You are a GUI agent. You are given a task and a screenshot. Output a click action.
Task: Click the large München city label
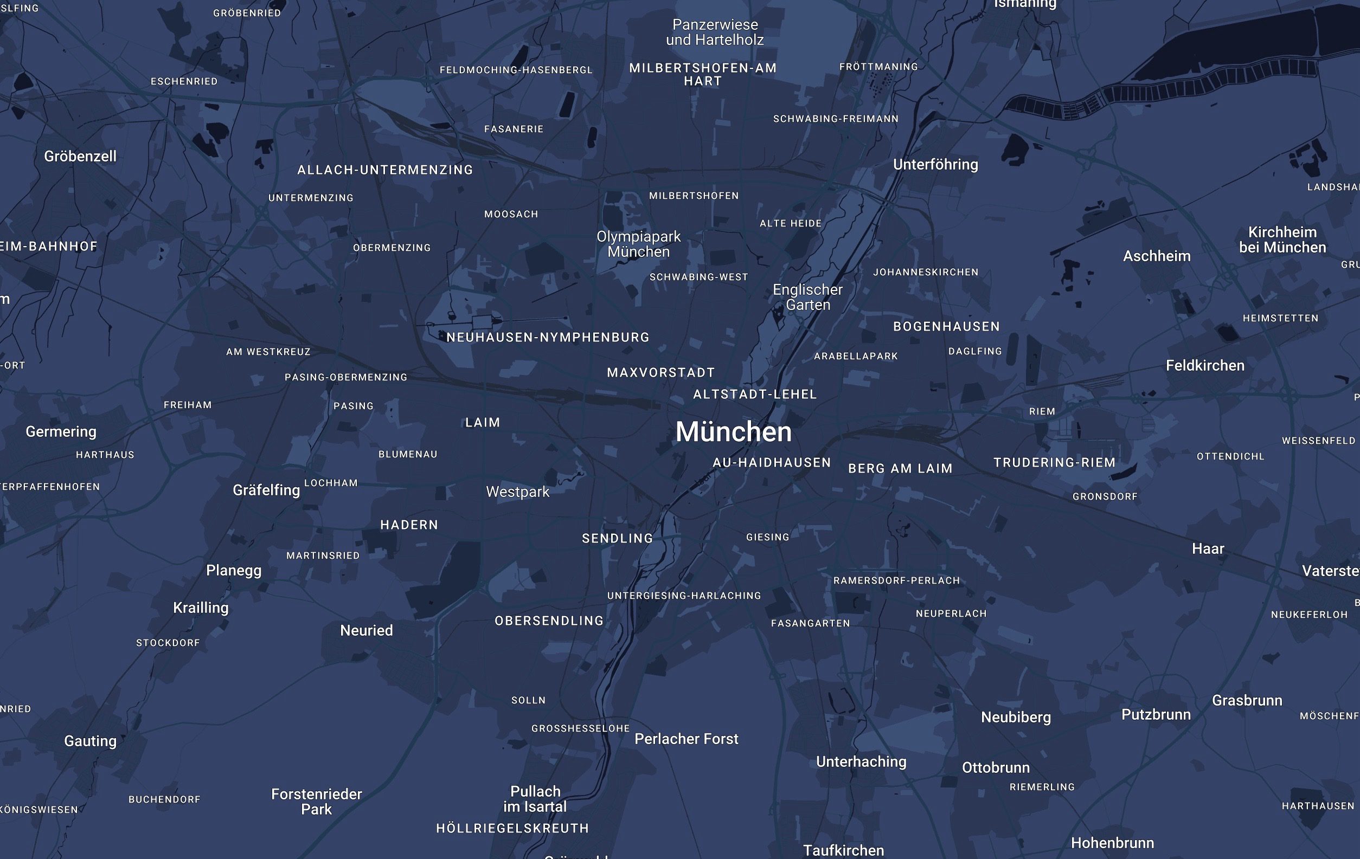point(733,432)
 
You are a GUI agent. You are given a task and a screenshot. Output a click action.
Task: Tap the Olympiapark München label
point(638,244)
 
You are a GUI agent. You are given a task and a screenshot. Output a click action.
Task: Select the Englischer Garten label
point(807,298)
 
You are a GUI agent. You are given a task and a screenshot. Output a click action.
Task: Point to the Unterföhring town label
point(935,165)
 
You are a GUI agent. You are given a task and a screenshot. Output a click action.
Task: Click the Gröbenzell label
point(80,156)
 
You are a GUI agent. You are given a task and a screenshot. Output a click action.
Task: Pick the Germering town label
point(61,432)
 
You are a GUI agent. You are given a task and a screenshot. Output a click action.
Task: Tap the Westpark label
point(517,492)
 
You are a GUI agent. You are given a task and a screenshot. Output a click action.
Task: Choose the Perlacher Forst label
point(686,739)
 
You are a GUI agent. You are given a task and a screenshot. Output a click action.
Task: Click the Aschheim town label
point(1157,256)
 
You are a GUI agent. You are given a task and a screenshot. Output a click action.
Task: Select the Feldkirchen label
point(1205,366)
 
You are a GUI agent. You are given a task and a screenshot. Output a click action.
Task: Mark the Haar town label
point(1208,548)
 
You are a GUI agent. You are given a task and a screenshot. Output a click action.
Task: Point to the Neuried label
point(366,630)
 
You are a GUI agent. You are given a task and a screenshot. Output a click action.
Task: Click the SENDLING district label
point(617,538)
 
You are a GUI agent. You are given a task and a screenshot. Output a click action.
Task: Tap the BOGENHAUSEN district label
point(946,326)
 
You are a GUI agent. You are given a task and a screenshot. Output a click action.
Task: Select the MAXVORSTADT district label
point(661,372)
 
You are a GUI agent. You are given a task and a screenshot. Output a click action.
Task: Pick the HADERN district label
point(409,525)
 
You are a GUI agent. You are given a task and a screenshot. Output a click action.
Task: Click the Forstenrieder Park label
point(316,802)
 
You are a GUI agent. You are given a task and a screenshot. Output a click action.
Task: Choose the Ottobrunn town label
point(996,767)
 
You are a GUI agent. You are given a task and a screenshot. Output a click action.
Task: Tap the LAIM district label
point(482,423)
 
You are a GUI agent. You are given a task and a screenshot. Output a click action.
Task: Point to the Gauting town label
point(91,741)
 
